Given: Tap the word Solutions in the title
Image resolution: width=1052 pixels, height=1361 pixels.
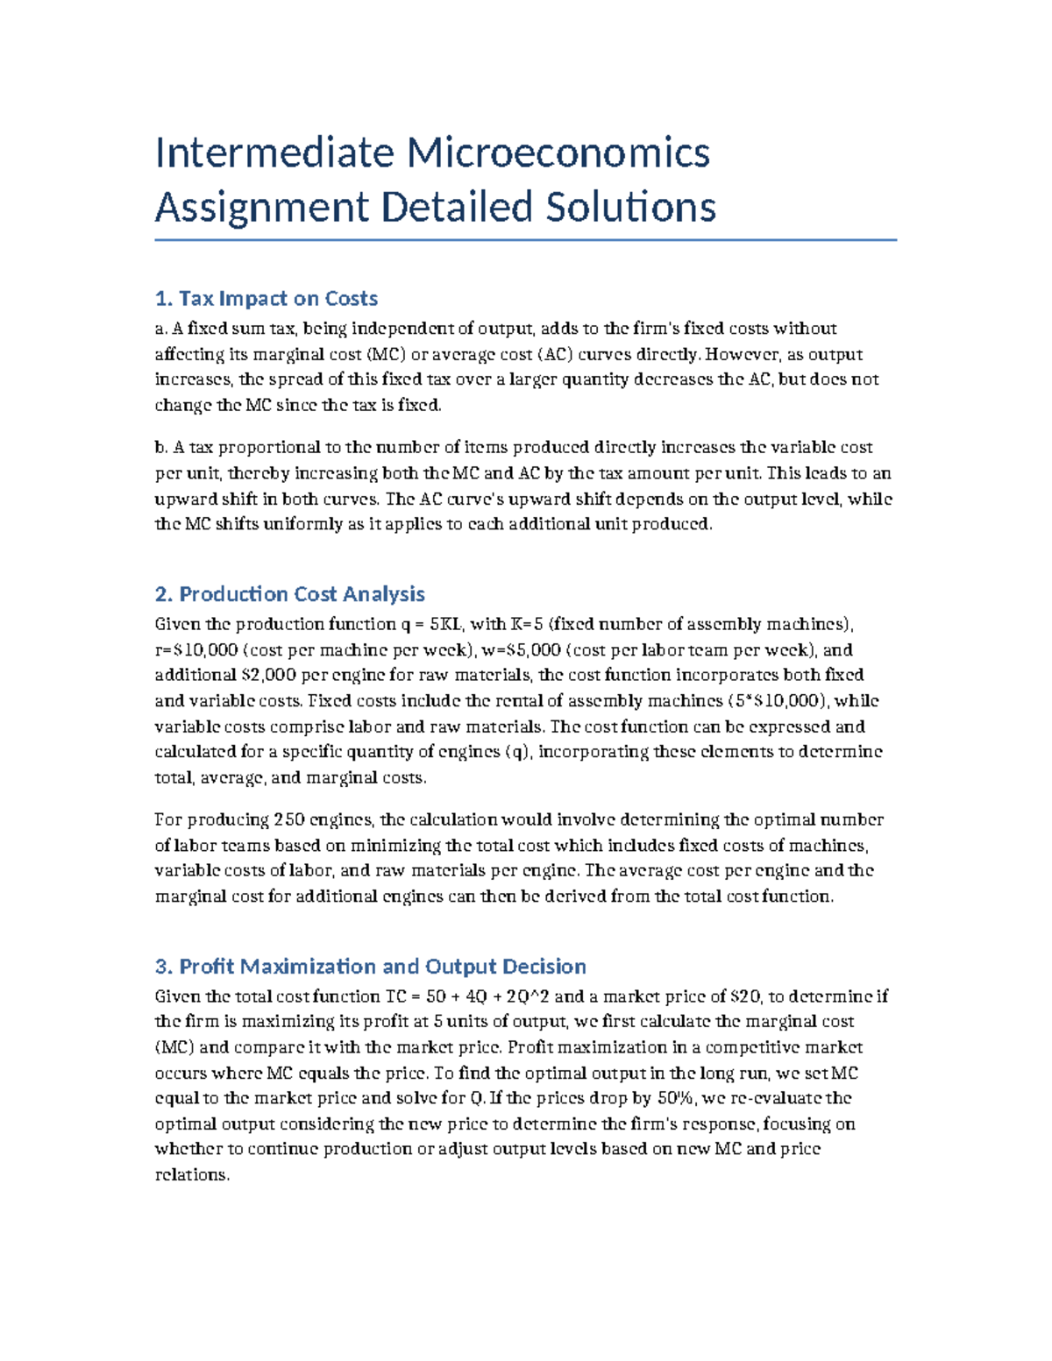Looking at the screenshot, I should [630, 208].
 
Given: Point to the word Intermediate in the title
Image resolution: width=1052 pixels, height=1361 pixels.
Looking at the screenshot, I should [274, 153].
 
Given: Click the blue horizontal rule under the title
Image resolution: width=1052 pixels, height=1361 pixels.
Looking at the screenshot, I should [525, 239].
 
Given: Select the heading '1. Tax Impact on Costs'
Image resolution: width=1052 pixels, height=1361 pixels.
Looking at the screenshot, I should [266, 299].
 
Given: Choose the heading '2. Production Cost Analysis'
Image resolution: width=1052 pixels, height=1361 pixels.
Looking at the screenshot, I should [289, 594].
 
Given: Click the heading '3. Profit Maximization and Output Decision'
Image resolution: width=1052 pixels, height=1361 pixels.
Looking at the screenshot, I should [370, 967].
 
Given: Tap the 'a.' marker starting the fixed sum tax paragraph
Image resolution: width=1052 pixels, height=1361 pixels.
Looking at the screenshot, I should [160, 329].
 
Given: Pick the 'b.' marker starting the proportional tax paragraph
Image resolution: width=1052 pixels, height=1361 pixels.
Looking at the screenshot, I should [161, 448].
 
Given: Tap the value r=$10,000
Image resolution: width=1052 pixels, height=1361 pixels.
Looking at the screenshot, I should [195, 650].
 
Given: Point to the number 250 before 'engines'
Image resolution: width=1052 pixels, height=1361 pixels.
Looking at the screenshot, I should [289, 820].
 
